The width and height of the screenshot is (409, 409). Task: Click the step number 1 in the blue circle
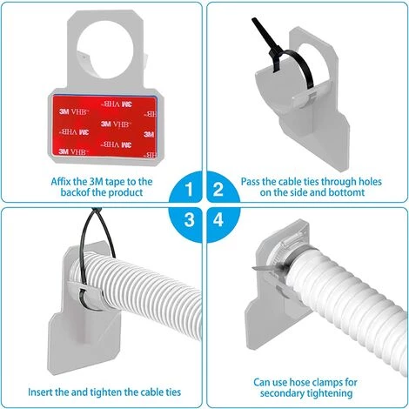pyautogui.click(x=189, y=189)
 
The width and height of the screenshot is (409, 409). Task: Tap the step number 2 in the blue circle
pyautogui.click(x=218, y=189)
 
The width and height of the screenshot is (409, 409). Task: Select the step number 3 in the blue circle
pyautogui.click(x=189, y=219)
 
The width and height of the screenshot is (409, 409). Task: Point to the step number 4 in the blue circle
pyautogui.click(x=218, y=219)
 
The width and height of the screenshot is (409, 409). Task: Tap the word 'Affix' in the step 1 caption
pyautogui.click(x=61, y=182)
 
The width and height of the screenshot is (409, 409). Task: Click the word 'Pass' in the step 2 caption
pyautogui.click(x=251, y=182)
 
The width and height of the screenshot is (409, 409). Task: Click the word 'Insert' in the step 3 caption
pyautogui.click(x=40, y=392)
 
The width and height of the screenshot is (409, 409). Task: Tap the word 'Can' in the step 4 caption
pyautogui.click(x=263, y=382)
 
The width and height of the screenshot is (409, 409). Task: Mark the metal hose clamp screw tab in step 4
pyautogui.click(x=263, y=269)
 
